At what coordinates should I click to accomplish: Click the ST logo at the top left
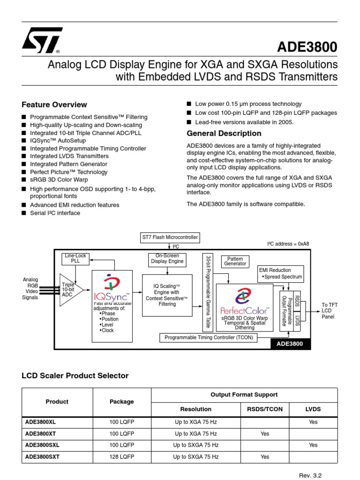click(41, 40)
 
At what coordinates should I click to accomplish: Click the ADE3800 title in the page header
click(307, 47)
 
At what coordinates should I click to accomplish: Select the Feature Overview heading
click(54, 105)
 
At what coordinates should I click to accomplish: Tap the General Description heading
click(224, 134)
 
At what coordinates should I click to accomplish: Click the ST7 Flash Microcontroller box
click(170, 237)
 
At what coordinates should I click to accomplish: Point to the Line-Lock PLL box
click(75, 258)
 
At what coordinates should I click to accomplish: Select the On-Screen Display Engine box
click(167, 259)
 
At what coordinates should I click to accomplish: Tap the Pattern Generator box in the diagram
click(235, 261)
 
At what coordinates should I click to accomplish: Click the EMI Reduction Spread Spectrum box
click(281, 274)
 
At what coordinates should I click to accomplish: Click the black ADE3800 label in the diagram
click(290, 344)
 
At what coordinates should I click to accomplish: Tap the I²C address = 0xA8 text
click(288, 244)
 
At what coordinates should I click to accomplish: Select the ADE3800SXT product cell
click(41, 456)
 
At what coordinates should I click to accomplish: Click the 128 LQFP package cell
click(121, 456)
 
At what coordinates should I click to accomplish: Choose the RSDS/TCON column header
click(265, 409)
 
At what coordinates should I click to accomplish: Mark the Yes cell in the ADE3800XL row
click(313, 422)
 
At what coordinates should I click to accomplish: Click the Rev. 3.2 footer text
click(310, 475)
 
